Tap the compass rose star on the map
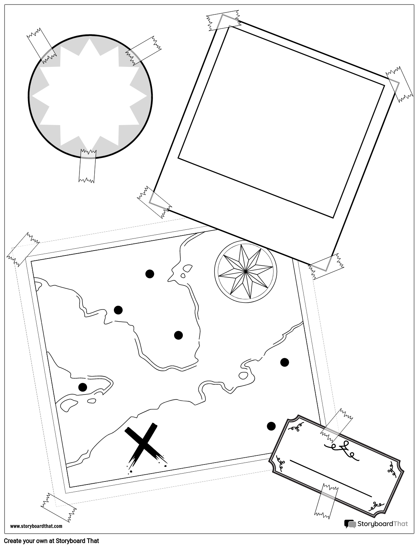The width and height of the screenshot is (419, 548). [246, 271]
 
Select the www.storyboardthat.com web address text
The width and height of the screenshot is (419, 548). [36, 526]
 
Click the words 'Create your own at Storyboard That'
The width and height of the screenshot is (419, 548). [51, 541]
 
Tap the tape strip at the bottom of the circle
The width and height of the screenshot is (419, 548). [87, 166]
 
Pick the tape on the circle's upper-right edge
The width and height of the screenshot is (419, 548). [143, 51]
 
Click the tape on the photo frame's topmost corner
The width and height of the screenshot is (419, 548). [223, 20]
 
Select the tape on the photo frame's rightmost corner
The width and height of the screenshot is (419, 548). [399, 84]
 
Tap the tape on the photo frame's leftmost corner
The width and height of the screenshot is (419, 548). [154, 202]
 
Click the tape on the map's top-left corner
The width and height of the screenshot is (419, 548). [23, 249]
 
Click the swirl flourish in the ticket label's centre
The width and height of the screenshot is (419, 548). [342, 452]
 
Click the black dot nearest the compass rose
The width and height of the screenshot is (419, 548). [150, 274]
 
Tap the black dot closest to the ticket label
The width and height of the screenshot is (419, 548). [271, 426]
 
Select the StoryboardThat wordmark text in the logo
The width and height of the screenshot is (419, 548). [383, 524]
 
